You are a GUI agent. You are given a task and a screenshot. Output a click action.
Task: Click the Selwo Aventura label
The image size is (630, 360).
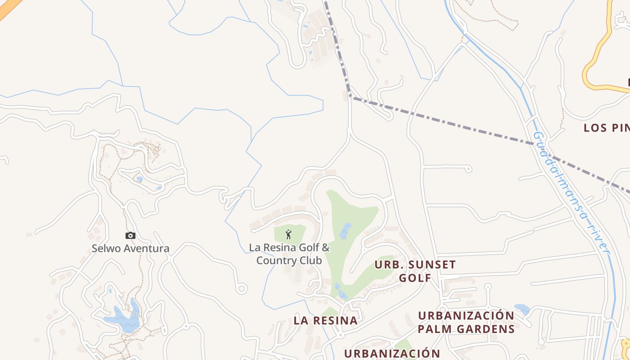click(x=130, y=248)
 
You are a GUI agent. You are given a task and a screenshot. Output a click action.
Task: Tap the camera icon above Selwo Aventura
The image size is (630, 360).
click(x=130, y=235)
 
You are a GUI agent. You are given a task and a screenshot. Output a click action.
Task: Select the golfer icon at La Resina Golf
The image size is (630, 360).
click(x=289, y=234)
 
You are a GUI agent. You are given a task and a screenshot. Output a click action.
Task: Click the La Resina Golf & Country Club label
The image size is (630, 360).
click(x=289, y=254)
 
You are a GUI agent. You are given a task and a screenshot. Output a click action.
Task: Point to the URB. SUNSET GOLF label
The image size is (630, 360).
click(x=415, y=271)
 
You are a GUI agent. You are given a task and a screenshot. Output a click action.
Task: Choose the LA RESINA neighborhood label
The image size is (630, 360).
click(x=326, y=321)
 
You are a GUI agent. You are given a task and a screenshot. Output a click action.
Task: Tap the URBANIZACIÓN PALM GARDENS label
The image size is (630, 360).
click(x=466, y=322)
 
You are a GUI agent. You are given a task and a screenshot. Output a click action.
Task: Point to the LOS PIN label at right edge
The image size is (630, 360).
click(x=607, y=128)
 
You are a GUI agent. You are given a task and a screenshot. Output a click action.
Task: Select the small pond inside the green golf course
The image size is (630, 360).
click(x=346, y=231)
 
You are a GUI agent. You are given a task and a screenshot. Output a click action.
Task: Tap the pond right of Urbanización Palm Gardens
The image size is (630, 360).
click(x=522, y=309)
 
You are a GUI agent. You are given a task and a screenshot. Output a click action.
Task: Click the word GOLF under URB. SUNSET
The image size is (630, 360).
click(x=415, y=278)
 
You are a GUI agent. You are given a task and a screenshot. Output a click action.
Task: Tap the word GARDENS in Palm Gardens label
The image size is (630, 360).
click(x=486, y=329)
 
